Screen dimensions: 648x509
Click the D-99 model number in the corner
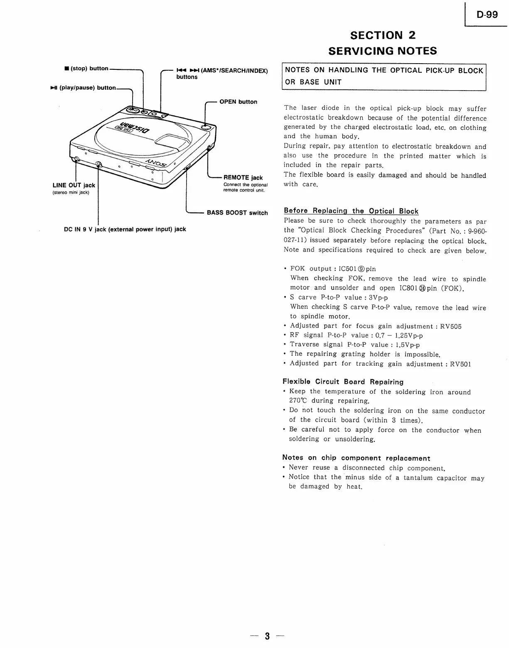487,15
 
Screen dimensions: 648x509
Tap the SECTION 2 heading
383,35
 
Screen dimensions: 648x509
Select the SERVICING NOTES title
382,51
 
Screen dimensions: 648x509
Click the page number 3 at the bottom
267,636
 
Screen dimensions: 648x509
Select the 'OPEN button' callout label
238,102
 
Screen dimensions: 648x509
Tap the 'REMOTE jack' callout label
243,177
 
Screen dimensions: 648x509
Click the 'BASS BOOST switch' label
237,213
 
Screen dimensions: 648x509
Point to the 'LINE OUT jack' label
74,185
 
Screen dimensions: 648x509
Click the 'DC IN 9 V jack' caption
125,229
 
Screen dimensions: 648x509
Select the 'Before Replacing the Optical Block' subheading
351,211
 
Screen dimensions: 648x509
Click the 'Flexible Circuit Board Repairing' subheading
343,382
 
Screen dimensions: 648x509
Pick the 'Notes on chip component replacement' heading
356,458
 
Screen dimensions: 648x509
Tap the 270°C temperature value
298,401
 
